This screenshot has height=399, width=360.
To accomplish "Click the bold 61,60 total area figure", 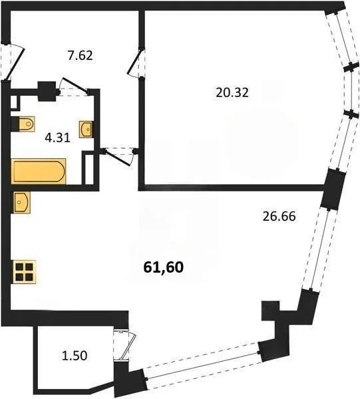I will pos(163,267).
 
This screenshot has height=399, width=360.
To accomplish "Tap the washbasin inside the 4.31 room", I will pos(87,128).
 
